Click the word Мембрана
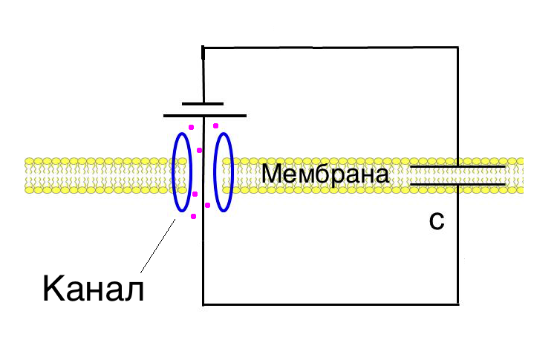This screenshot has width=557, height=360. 325,174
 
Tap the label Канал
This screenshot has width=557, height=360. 94,288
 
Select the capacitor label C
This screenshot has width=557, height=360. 437,221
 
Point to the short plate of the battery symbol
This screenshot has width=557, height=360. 203,104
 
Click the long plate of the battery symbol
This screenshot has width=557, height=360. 205,116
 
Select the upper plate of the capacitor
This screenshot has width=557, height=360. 457,166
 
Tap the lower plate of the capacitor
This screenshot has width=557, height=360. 457,184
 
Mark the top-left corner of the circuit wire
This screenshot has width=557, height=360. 203,47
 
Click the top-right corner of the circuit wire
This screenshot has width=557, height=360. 458,47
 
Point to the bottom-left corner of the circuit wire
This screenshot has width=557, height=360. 203,304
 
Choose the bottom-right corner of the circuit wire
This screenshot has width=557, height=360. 458,304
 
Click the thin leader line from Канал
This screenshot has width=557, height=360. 158,246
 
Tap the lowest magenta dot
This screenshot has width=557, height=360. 194,216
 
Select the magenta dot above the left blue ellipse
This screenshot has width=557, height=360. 191,127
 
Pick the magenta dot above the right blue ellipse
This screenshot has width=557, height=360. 215,125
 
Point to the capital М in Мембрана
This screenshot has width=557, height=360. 273,174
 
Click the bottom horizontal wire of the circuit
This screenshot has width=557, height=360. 330,304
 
